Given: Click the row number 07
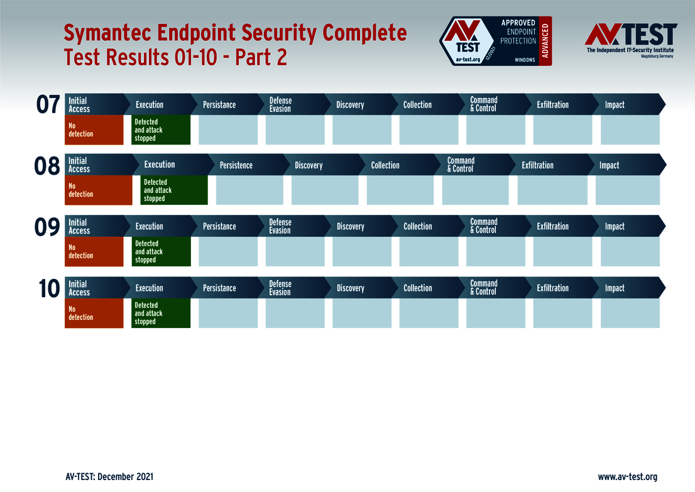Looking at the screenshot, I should point(48,105).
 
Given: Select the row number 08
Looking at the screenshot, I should point(47,166).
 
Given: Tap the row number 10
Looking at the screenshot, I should point(50,288).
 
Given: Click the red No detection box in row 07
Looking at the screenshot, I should point(94,130).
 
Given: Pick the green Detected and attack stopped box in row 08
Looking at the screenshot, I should point(174,190).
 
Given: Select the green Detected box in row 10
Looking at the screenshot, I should point(161,314).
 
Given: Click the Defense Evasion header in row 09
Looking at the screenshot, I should point(280,226).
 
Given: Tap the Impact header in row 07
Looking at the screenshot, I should point(615,105).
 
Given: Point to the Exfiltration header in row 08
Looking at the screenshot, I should point(537,165).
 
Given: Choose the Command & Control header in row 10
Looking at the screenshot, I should point(484,288).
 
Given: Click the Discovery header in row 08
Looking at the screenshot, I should point(309,165).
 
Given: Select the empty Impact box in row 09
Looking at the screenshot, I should point(630,252).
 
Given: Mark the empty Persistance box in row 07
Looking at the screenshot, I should point(228,130).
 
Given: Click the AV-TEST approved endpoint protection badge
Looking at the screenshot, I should point(495,41).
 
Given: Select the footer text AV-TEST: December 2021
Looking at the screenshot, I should point(109,477).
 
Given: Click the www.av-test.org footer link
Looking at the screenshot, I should point(627,477).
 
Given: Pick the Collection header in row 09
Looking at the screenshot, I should point(417,226).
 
